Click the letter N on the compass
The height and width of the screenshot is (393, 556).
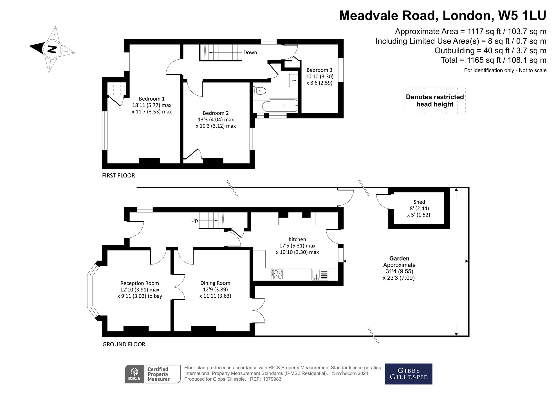(x=52, y=49)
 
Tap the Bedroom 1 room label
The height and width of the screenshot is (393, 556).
(x=152, y=99)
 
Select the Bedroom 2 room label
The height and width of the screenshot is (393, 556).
(x=216, y=113)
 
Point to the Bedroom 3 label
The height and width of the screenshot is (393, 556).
(x=319, y=70)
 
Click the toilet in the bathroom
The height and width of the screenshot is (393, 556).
(x=259, y=91)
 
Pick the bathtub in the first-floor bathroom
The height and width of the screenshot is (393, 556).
(x=280, y=106)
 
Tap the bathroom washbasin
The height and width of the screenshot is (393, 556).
(x=293, y=81)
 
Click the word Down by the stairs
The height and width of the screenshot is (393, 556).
(x=250, y=53)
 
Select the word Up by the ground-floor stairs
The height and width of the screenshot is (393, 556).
(x=194, y=221)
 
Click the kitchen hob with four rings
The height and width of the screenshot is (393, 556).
(x=277, y=274)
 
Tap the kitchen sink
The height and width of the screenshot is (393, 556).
(x=320, y=275)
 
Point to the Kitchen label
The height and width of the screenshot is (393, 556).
(x=297, y=239)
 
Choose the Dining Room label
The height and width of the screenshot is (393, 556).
(x=215, y=283)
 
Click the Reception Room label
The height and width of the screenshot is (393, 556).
(x=140, y=283)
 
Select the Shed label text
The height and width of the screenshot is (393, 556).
(x=419, y=202)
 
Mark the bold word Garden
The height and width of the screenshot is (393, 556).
(x=399, y=259)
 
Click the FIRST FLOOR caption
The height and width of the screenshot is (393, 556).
(x=118, y=176)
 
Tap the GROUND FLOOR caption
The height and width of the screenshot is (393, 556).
(x=124, y=344)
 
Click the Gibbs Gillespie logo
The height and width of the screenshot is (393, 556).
(x=409, y=374)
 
